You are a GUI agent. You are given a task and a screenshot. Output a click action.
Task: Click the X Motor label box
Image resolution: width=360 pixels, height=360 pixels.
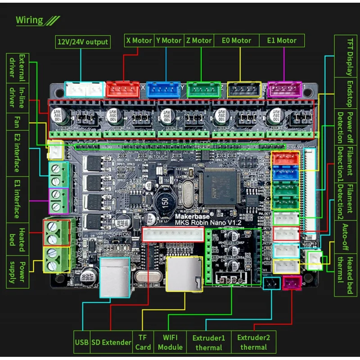click(139, 40)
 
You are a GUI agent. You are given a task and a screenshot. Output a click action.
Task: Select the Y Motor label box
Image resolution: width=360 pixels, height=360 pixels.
click(169, 40)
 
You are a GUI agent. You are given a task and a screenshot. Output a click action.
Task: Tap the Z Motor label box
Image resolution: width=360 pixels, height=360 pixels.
click(198, 40)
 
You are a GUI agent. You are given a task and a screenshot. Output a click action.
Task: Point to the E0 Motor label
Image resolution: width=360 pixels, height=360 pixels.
click(236, 40)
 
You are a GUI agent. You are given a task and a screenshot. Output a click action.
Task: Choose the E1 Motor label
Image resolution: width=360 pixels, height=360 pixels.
click(282, 40)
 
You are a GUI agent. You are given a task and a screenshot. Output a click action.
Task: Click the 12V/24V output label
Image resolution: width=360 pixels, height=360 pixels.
click(82, 42)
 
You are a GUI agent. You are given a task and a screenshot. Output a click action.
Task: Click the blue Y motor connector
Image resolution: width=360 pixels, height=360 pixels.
click(163, 89)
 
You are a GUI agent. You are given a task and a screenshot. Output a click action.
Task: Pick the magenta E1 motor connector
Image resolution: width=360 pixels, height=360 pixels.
click(284, 89)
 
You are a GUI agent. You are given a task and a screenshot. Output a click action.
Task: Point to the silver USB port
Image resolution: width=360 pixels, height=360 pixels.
click(114, 277)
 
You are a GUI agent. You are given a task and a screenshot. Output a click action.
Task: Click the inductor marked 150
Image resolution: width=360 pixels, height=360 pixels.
click(163, 202)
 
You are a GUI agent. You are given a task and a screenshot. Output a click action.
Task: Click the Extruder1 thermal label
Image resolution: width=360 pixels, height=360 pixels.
click(209, 342)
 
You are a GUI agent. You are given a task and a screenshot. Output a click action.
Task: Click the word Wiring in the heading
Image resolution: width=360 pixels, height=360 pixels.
click(29, 20)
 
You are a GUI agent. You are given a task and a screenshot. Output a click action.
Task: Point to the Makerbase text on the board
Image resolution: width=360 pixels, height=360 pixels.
click(192, 215)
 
